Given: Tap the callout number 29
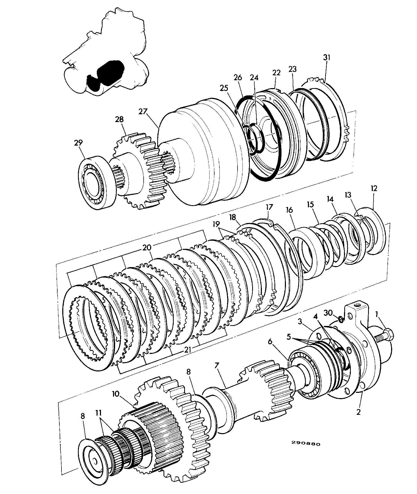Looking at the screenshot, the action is (x=78, y=142).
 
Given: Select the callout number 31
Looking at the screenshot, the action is (x=326, y=58).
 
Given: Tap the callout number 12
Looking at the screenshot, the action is (x=374, y=188).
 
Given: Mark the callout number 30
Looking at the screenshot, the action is (x=329, y=312).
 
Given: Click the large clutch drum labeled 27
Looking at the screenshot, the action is (x=204, y=152).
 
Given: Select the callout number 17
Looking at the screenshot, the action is (x=269, y=207).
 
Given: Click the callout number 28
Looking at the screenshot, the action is (x=119, y=119).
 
